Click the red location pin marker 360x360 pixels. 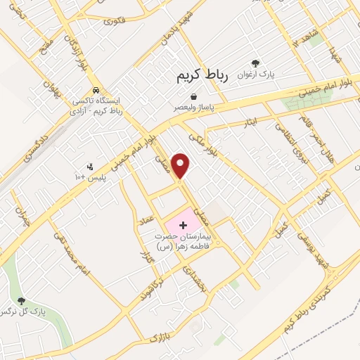pos(182,165)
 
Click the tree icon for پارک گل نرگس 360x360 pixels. pos(21,300)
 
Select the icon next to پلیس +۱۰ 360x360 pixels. pos(89,167)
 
